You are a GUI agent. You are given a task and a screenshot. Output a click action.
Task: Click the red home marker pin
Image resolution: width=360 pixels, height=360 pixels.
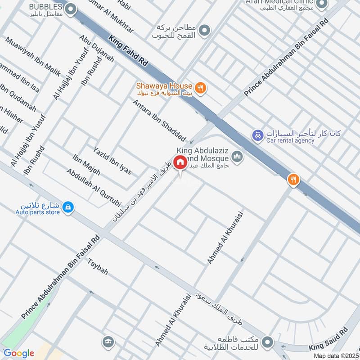pos(180,162)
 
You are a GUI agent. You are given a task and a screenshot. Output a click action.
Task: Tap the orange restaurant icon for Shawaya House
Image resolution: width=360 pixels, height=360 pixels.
pos(201,88)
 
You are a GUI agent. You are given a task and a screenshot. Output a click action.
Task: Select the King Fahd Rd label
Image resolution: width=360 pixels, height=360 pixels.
pos(129,53)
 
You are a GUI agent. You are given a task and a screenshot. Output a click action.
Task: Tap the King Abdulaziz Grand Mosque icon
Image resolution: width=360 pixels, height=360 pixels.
pos(237,157)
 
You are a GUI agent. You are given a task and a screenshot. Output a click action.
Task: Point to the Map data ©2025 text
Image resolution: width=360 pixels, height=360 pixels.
pos(336,355)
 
